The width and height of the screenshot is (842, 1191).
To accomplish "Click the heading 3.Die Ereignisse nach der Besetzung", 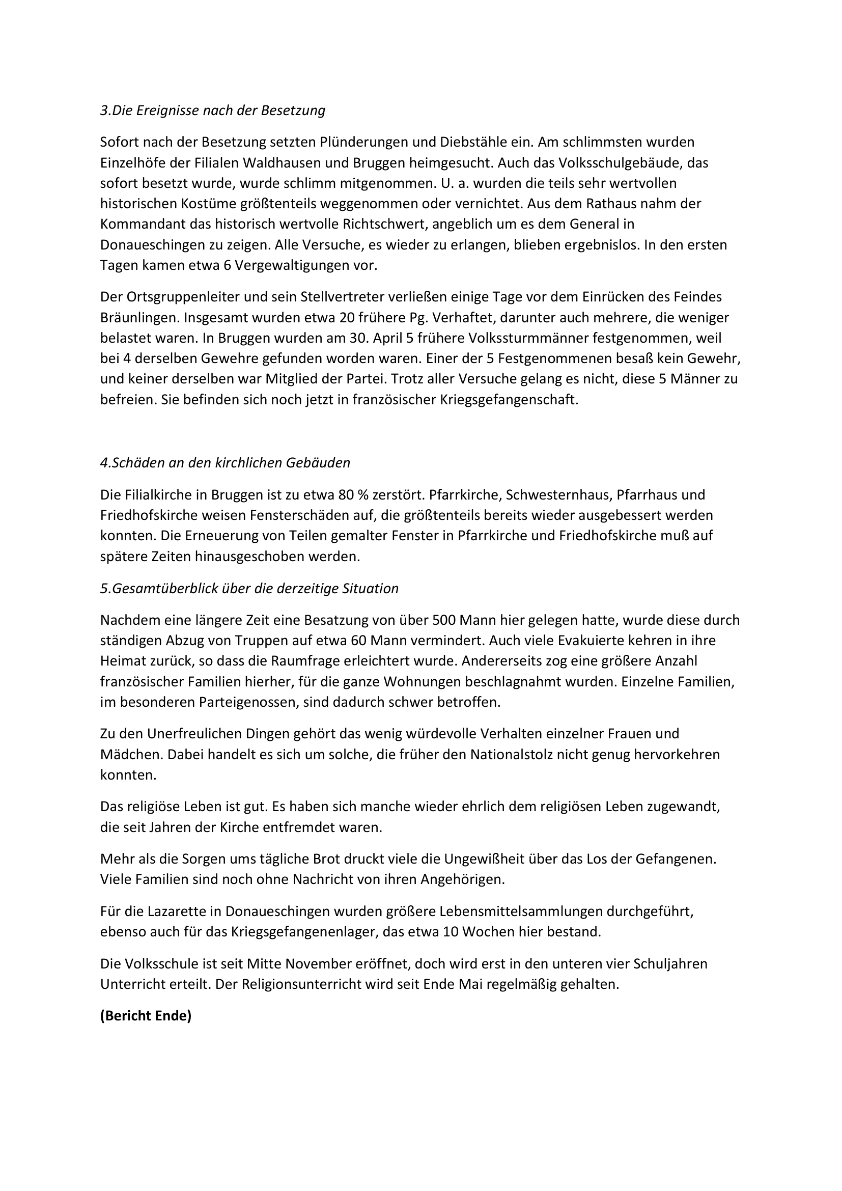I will point(213,110).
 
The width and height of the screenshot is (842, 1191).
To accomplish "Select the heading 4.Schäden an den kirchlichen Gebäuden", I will point(225,463).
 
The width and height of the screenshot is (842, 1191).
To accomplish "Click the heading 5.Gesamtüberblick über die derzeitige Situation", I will point(249,589).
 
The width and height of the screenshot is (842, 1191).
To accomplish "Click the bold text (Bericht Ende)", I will point(146,1016).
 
